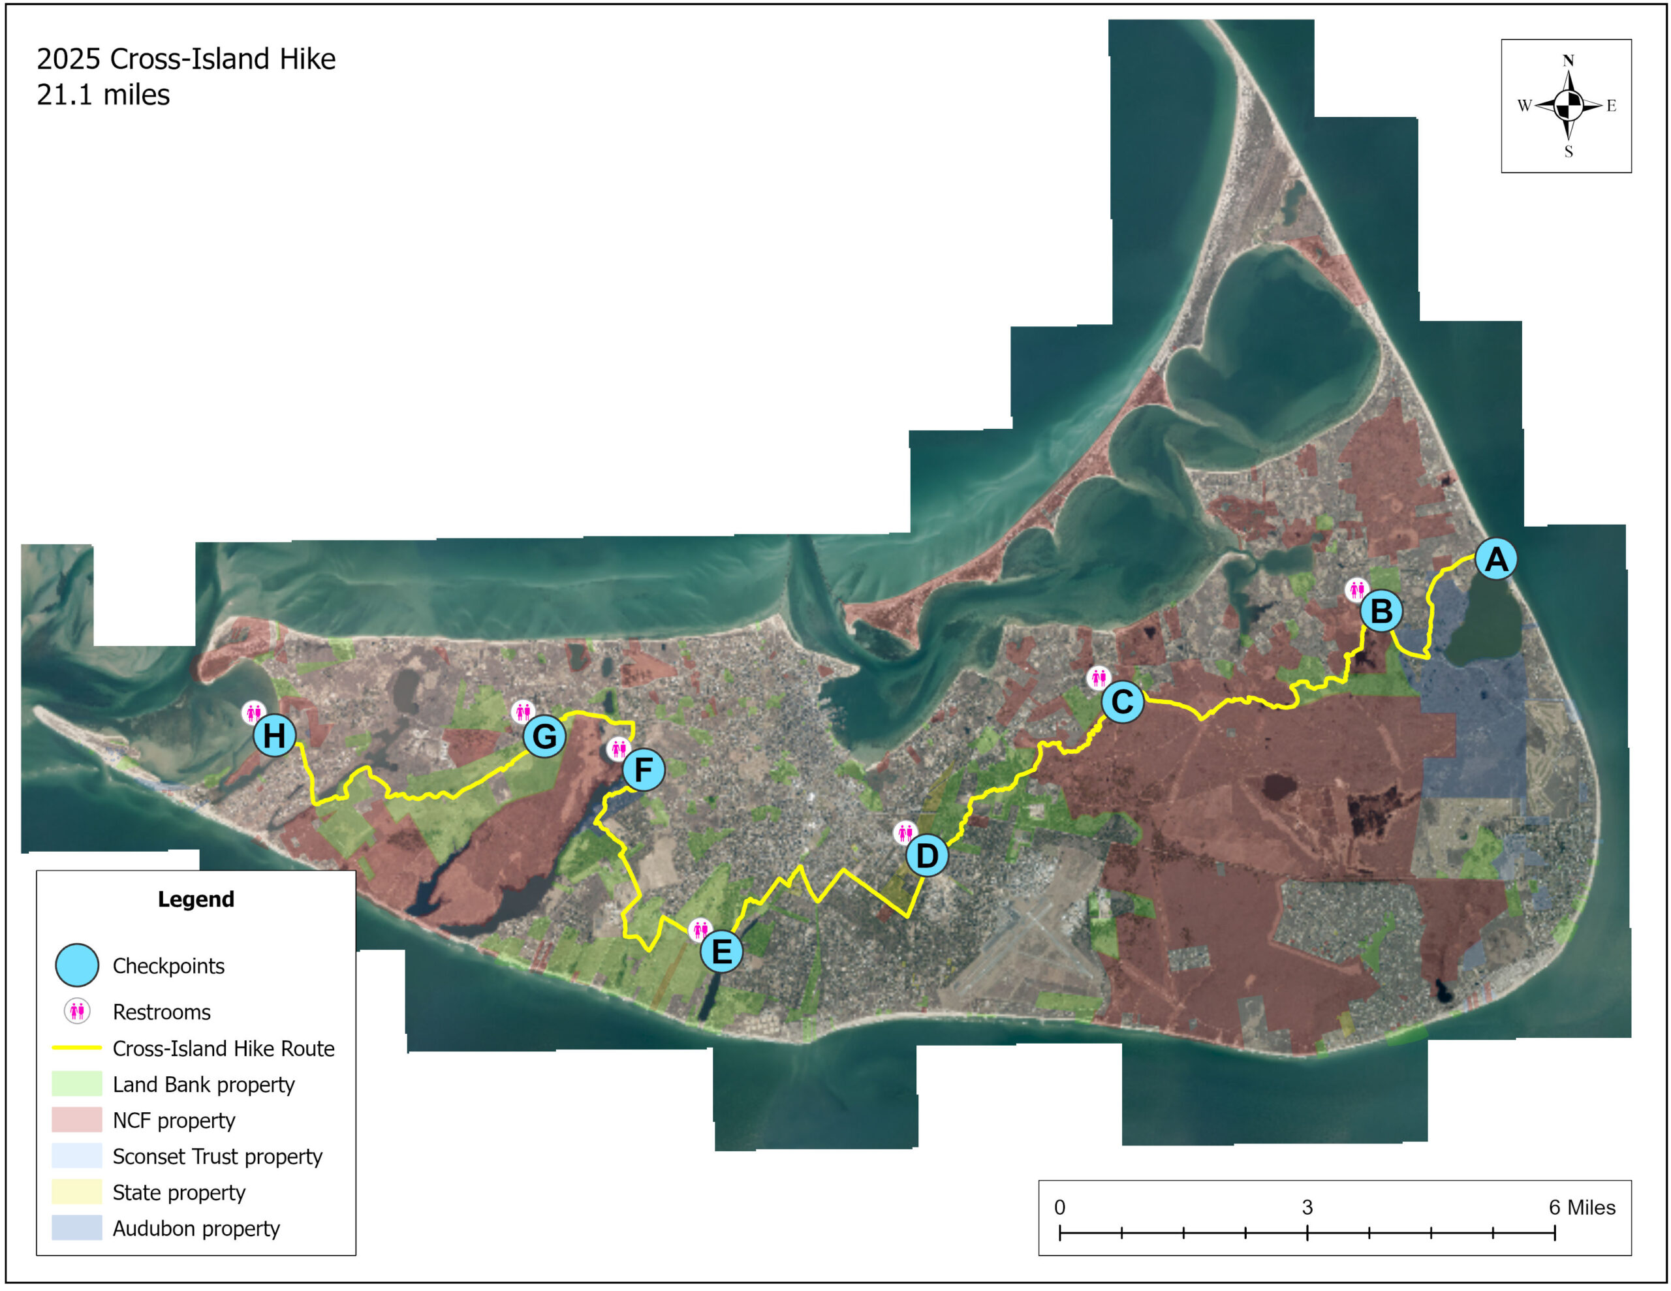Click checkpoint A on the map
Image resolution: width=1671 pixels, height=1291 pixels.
(x=1496, y=559)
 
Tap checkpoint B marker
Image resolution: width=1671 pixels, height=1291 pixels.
(x=1381, y=611)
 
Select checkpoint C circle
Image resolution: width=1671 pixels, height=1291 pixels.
(x=1123, y=701)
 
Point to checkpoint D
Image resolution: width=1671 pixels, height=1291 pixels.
(x=926, y=855)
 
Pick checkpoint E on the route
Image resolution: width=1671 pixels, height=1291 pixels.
(x=721, y=951)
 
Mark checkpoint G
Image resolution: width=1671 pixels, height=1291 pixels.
(x=544, y=736)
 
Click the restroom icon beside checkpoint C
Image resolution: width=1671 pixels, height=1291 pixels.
(x=1098, y=677)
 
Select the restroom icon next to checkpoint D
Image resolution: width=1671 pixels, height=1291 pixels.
(x=904, y=832)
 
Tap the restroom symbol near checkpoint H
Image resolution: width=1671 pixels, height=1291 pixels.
(x=253, y=713)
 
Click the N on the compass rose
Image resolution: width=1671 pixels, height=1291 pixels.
(x=1568, y=61)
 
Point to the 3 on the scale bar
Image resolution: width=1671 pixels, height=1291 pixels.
(x=1307, y=1207)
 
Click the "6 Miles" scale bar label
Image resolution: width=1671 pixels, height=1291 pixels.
(x=1582, y=1207)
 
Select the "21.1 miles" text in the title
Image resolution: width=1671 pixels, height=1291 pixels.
(x=103, y=95)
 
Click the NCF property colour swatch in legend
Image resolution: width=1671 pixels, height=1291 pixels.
(x=76, y=1119)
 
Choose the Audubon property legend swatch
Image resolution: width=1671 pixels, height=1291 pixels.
(x=76, y=1227)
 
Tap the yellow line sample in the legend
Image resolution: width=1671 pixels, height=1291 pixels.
(x=76, y=1047)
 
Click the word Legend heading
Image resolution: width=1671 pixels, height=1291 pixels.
(x=196, y=899)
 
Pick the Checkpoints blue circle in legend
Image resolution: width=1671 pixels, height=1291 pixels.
(x=76, y=965)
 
